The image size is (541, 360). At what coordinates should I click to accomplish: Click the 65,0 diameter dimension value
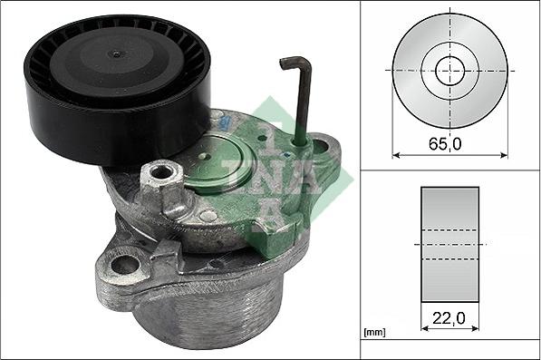[445, 144]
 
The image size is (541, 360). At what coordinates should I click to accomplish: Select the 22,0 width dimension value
[449, 318]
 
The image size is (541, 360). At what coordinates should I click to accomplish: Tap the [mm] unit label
[374, 333]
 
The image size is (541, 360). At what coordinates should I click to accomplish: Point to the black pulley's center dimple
[116, 54]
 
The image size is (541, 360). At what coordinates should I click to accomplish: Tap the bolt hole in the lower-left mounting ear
[125, 265]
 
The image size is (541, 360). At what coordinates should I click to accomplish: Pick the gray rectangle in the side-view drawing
[449, 245]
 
